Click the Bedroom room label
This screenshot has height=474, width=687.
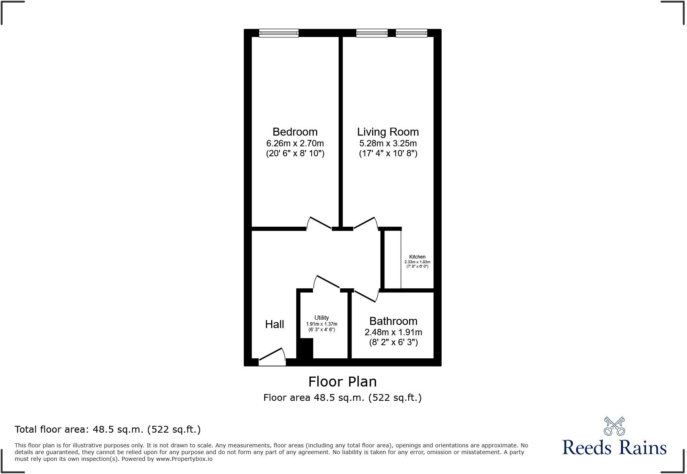[x=295, y=132]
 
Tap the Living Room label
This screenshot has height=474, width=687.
[x=388, y=132]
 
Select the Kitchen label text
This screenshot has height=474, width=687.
[x=417, y=257]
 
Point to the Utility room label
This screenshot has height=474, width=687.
[x=322, y=318]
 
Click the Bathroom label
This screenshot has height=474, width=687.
[x=393, y=321]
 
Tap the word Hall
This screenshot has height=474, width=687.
[x=274, y=324]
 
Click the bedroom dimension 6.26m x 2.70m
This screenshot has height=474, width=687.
[x=295, y=143]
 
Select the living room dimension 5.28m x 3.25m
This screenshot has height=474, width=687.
[x=388, y=143]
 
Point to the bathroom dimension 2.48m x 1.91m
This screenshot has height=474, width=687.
[x=393, y=332]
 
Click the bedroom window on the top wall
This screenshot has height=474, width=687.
[x=278, y=33]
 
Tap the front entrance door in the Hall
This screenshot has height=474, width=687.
[x=272, y=357]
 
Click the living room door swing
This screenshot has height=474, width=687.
[x=365, y=223]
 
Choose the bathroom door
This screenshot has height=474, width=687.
[x=366, y=295]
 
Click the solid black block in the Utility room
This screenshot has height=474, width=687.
[x=305, y=348]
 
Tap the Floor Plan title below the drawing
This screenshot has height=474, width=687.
[x=342, y=382]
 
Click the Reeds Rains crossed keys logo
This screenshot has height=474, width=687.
[x=614, y=426]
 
